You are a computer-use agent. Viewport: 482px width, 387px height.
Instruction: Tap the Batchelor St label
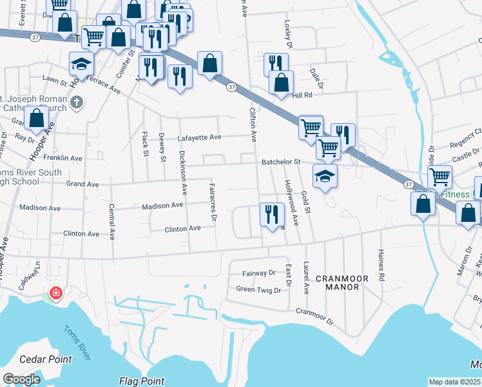pos(281,162)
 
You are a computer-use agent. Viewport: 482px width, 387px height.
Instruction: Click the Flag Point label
pos(142,381)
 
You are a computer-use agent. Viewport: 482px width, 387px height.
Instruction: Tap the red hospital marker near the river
pos(56,293)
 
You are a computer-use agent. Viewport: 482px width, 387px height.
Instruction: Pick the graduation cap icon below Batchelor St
pos(325,175)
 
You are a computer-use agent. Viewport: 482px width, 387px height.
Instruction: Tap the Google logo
pos(21,379)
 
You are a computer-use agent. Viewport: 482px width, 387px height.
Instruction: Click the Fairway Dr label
pos(258,273)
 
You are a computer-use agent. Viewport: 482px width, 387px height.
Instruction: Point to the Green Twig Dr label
pos(258,290)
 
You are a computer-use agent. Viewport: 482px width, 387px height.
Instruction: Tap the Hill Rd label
pos(302,95)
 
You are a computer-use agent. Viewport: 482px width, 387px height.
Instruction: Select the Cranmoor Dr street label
pos(314,316)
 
